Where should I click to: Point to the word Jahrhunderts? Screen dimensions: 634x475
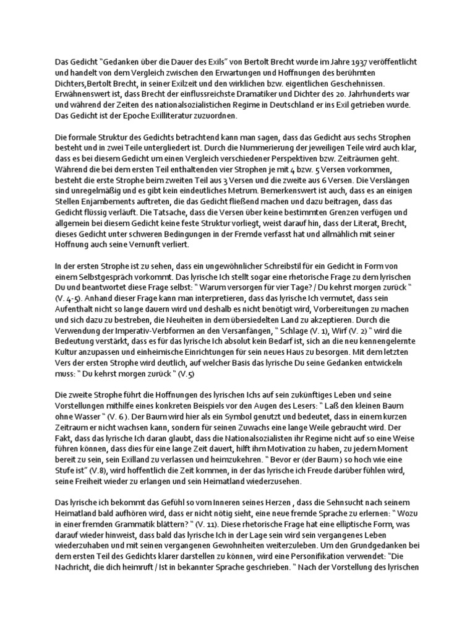pos(367,93)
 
